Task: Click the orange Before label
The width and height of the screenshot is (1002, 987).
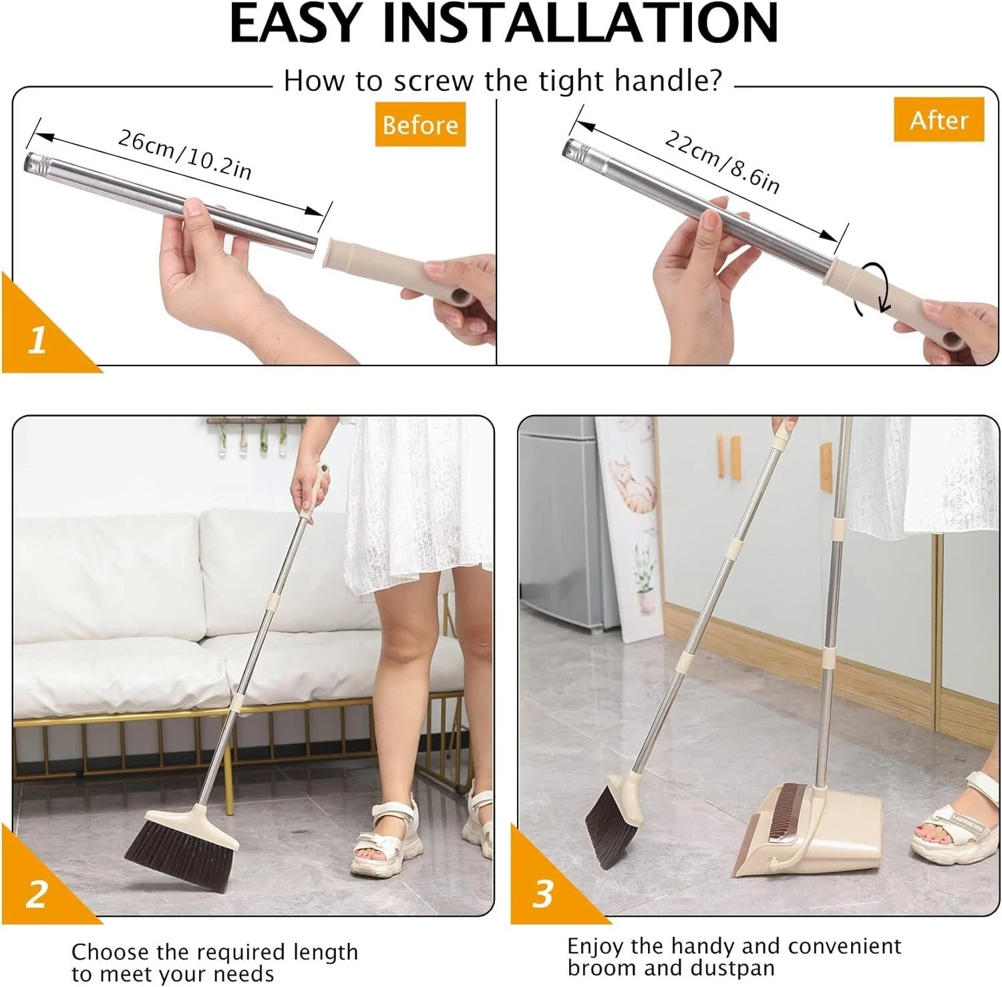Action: pyautogui.click(x=420, y=124)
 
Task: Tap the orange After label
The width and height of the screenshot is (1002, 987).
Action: pyautogui.click(x=939, y=120)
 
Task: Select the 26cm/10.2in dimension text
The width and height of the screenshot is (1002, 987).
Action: pyautogui.click(x=185, y=154)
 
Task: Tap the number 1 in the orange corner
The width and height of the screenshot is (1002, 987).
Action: pyautogui.click(x=37, y=340)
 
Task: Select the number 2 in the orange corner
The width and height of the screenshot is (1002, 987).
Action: pyautogui.click(x=37, y=893)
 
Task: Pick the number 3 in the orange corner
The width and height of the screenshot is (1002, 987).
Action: pyautogui.click(x=542, y=893)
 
